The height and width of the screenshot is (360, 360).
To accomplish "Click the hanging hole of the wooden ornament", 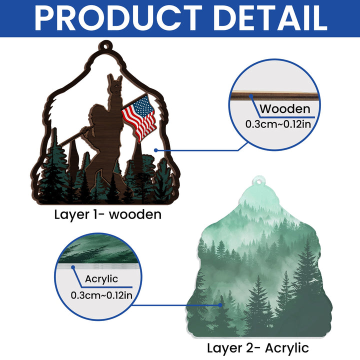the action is [105, 46].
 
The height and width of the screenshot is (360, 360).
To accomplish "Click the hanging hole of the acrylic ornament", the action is [259, 182].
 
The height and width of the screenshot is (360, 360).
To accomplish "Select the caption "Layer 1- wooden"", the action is [107, 215].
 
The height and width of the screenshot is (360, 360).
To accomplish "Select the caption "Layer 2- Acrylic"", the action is [257, 348].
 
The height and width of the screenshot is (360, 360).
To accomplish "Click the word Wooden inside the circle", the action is [285, 109].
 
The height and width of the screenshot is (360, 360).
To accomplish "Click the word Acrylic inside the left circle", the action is [101, 279].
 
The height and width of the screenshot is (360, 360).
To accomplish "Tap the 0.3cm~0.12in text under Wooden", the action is [278, 124].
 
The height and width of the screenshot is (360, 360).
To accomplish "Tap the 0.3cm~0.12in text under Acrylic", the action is [101, 295].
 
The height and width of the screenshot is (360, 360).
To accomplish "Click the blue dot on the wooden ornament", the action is [156, 150].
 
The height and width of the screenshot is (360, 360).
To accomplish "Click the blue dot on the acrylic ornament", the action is [220, 305].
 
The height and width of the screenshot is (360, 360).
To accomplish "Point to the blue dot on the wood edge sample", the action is [251, 96].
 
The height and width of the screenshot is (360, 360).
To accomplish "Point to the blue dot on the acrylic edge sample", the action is [73, 267].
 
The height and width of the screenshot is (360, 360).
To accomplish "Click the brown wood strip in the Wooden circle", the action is [275, 96].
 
